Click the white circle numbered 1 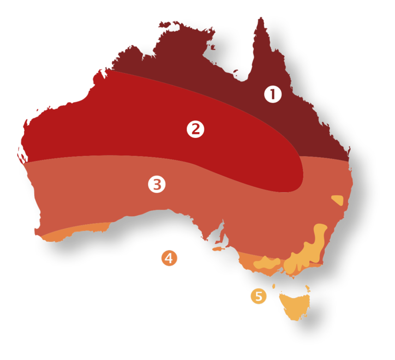[x=273, y=95]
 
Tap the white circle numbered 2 [x=195, y=129]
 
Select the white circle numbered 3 [x=156, y=184]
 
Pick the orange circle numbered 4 [x=170, y=258]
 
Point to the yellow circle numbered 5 [x=258, y=296]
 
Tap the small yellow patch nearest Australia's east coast [x=337, y=200]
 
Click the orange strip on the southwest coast [x=74, y=232]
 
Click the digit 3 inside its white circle [x=156, y=184]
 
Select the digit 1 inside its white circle [x=273, y=95]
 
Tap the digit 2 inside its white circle [x=195, y=129]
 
